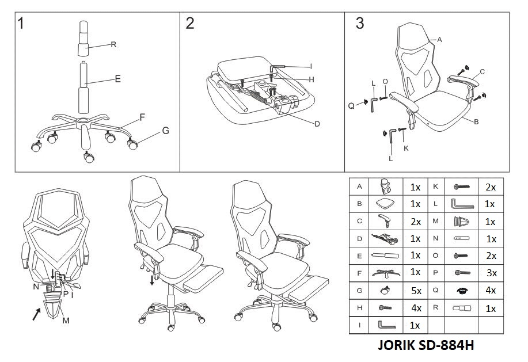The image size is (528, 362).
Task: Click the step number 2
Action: (x=190, y=24)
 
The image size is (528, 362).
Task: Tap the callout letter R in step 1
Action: (x=113, y=44)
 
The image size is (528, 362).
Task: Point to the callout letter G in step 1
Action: (x=166, y=131)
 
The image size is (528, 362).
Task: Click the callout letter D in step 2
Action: (x=317, y=124)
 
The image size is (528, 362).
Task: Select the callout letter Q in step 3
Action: (x=351, y=106)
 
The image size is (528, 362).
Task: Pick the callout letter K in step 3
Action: (x=406, y=148)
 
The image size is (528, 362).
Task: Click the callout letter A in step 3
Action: (x=439, y=40)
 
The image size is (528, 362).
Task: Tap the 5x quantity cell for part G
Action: (x=416, y=291)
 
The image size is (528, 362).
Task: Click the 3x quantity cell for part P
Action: (x=492, y=273)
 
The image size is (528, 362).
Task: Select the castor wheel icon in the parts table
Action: (x=386, y=290)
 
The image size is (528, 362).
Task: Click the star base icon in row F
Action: (x=386, y=273)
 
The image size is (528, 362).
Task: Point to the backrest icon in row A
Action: (x=386, y=186)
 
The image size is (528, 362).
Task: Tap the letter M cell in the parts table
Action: (x=435, y=222)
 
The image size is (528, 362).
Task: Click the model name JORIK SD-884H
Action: (x=426, y=345)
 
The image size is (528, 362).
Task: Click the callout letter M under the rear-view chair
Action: (x=66, y=321)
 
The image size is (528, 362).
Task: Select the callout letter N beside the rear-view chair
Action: (x=36, y=287)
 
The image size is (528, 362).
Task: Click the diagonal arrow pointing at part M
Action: (x=37, y=314)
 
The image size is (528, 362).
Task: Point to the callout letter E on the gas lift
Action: (x=117, y=79)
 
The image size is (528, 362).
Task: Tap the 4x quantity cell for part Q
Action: (x=491, y=290)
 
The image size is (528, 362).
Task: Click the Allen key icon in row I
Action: (x=386, y=326)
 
